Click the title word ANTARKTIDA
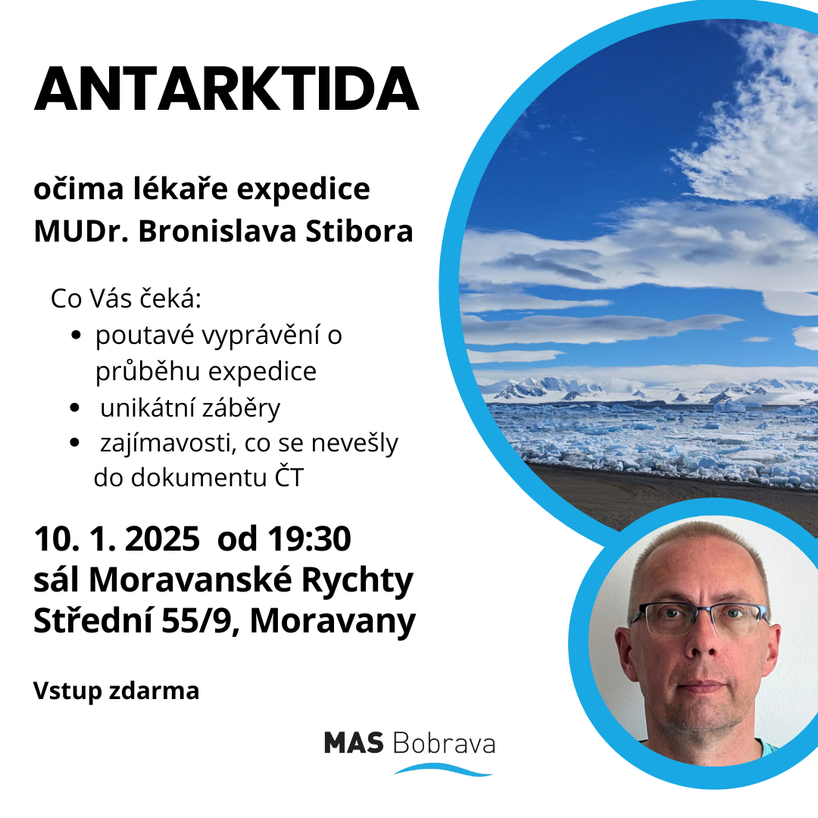(x=226, y=89)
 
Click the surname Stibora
(x=360, y=231)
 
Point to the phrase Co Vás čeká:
(x=126, y=299)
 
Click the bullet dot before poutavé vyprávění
(x=76, y=335)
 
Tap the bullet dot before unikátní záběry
(x=74, y=407)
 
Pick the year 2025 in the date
(x=162, y=539)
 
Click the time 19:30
(x=309, y=539)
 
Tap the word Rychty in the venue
(x=357, y=580)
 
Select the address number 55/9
(x=196, y=621)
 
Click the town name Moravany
(x=333, y=622)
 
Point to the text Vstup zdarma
(x=117, y=692)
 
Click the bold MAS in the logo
(x=354, y=743)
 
